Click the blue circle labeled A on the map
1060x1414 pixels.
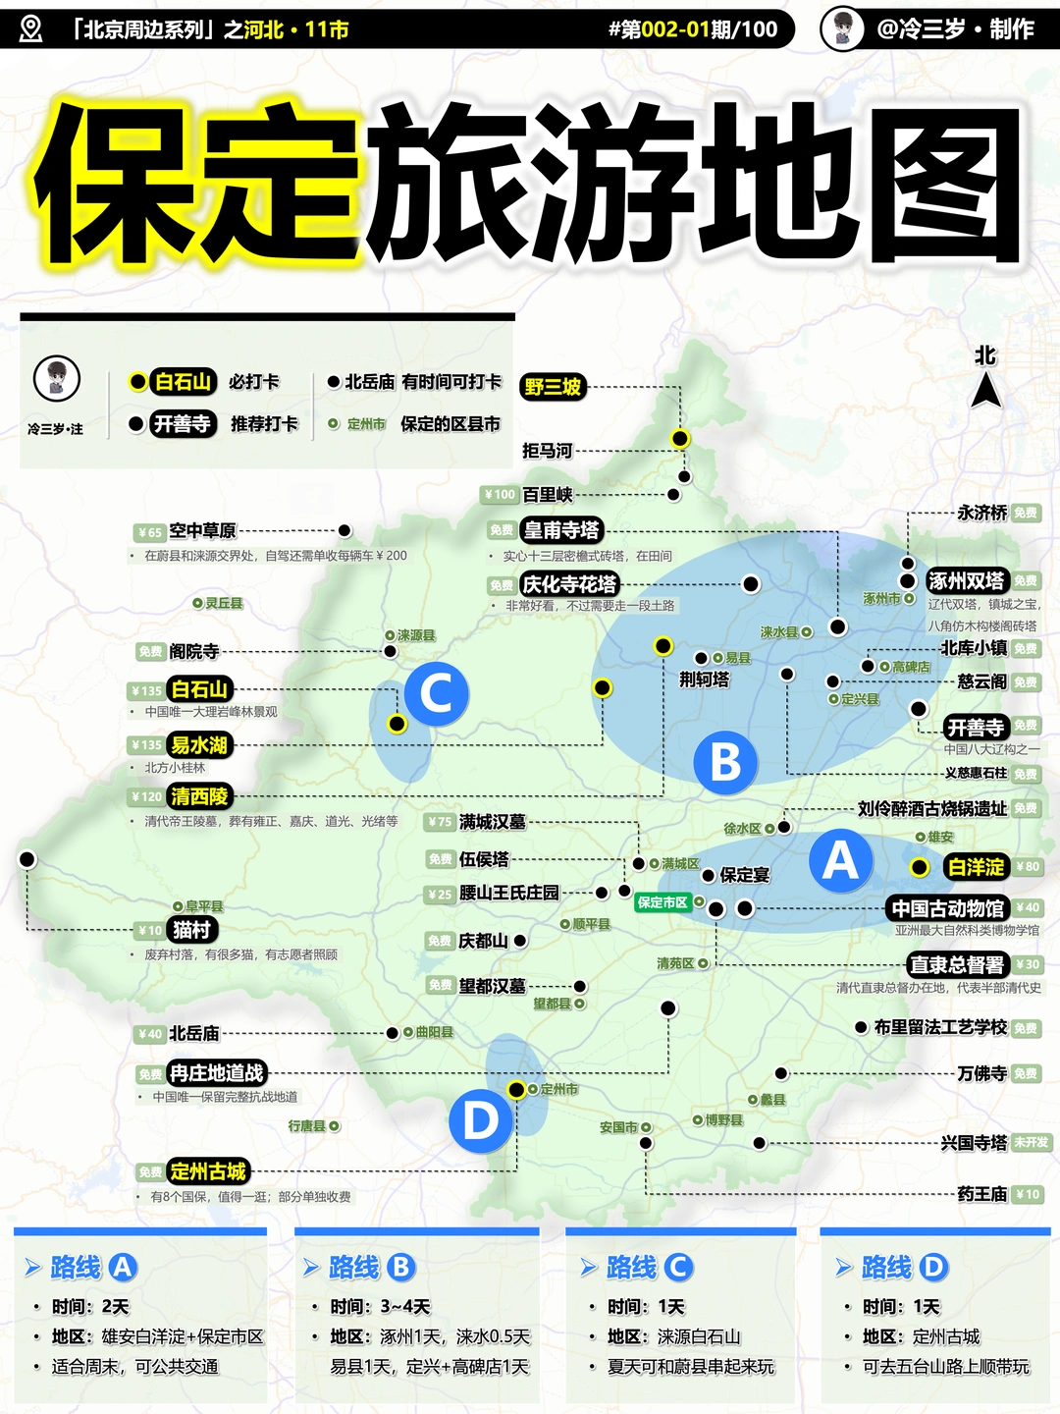pyautogui.click(x=840, y=861)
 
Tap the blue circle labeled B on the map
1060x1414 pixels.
pyautogui.click(x=724, y=762)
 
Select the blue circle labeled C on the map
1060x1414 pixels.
pyautogui.click(x=437, y=693)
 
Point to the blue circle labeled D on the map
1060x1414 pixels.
pyautogui.click(x=481, y=1120)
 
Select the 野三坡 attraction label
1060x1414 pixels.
pyautogui.click(x=553, y=387)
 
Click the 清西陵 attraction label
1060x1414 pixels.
pyautogui.click(x=199, y=796)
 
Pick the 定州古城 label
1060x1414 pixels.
pyautogui.click(x=208, y=1171)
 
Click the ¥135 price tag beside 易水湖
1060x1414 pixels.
pyautogui.click(x=146, y=745)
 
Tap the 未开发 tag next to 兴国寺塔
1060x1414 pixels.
pyautogui.click(x=1032, y=1143)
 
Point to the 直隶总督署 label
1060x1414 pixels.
pyautogui.click(x=957, y=965)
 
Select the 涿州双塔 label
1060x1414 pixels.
pyautogui.click(x=967, y=581)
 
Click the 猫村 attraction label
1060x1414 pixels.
pyautogui.click(x=191, y=930)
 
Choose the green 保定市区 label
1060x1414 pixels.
pyautogui.click(x=662, y=902)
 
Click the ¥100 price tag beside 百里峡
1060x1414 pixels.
pyautogui.click(x=500, y=495)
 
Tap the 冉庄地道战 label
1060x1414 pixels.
pyautogui.click(x=217, y=1073)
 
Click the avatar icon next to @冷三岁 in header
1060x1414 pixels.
pyautogui.click(x=842, y=28)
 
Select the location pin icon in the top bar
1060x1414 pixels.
pyautogui.click(x=31, y=28)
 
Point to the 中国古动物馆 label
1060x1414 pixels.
pyautogui.click(x=948, y=908)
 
